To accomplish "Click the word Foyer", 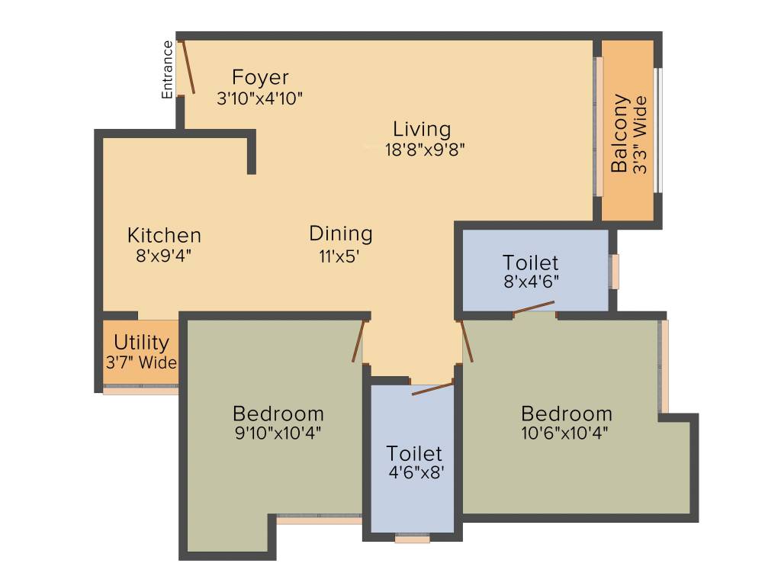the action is [x=260, y=78].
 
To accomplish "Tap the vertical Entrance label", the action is [x=167, y=69].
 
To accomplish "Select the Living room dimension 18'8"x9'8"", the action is [x=425, y=149].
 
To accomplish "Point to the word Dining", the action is [x=341, y=233].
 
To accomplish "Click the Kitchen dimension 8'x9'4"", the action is [x=164, y=256].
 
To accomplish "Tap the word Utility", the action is [x=141, y=343].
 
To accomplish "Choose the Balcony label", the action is [x=619, y=133].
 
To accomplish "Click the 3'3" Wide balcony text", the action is [x=640, y=134].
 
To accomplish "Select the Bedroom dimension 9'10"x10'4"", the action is [x=278, y=433].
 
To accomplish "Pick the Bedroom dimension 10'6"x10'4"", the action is [x=565, y=433].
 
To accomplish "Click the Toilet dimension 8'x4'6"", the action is [x=531, y=282].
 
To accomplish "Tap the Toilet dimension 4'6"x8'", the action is [x=416, y=472].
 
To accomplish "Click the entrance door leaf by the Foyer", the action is [x=188, y=67].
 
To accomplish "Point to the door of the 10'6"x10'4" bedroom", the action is [x=466, y=341].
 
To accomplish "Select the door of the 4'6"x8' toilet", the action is [x=433, y=388].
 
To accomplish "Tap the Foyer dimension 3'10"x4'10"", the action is [x=259, y=98].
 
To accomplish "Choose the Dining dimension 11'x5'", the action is [x=339, y=256].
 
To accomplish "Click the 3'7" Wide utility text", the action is [x=141, y=362].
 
